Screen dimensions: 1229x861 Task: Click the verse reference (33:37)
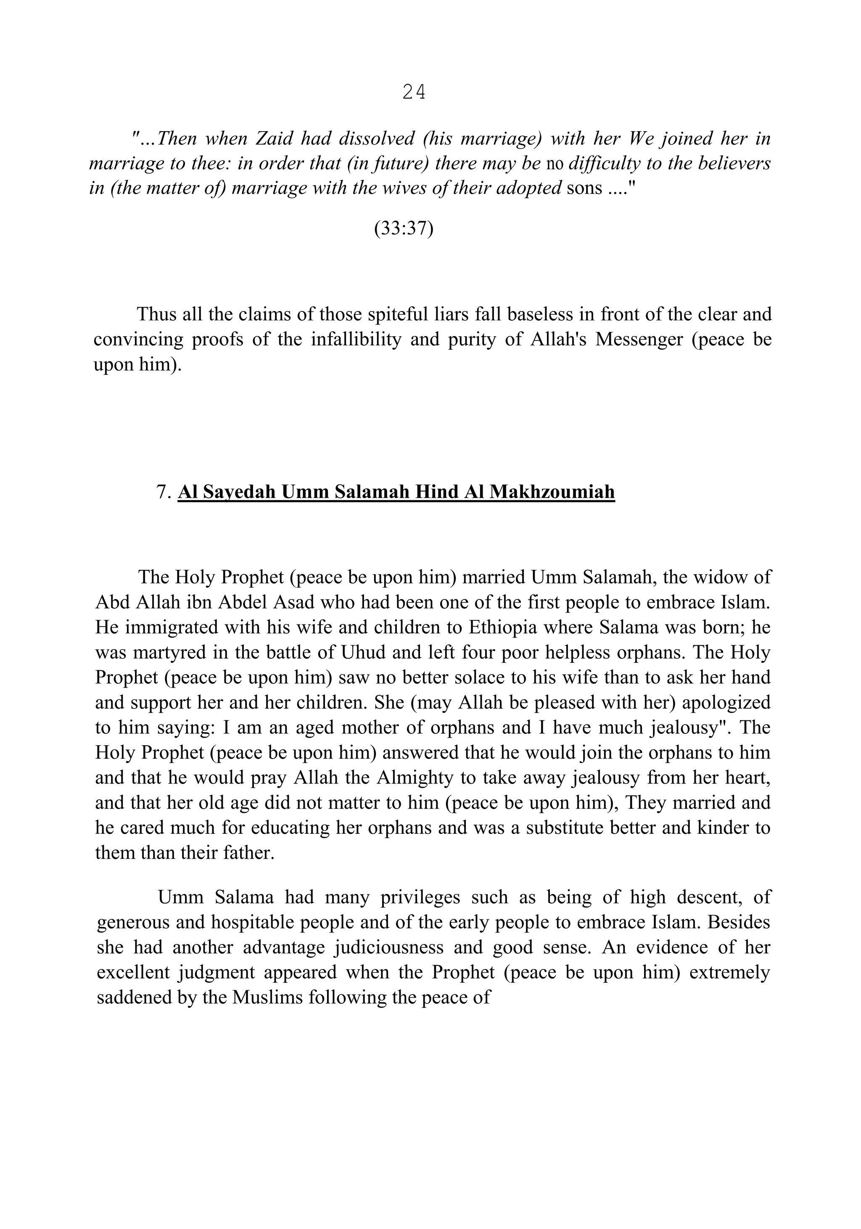point(403,229)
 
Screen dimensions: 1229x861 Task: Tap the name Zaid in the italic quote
point(274,139)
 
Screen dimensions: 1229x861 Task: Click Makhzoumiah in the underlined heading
point(552,492)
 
